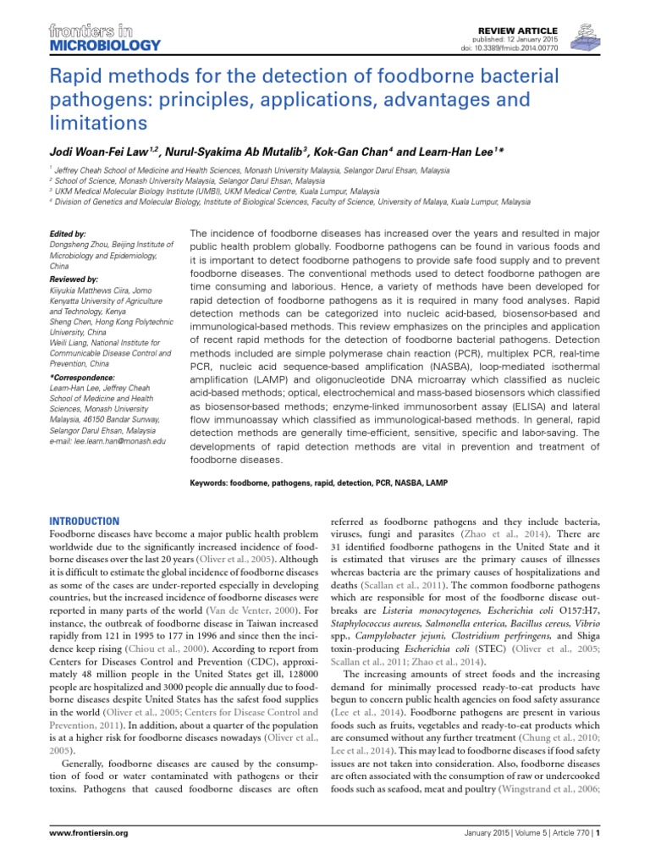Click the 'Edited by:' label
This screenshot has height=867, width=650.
click(x=68, y=233)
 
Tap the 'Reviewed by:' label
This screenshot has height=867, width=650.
click(x=74, y=279)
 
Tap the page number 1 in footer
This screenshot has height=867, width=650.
click(x=598, y=833)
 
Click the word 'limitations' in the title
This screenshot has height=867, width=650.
click(x=96, y=122)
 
